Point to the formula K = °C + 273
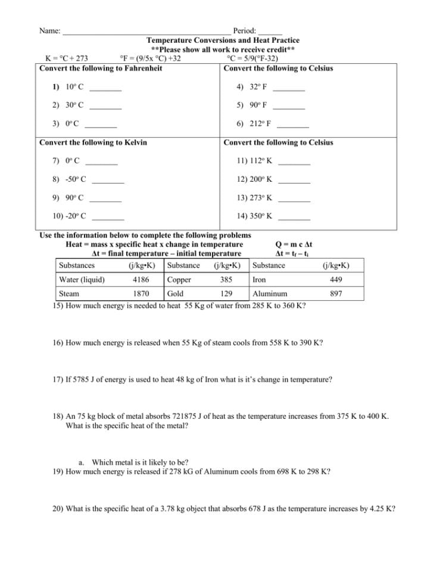coord(67,58)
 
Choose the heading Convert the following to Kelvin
coord(93,142)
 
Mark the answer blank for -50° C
coord(108,180)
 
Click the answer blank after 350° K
coord(294,217)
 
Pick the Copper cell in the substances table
coord(179,279)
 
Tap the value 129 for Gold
coord(226,294)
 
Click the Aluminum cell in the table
coord(270,294)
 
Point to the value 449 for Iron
coord(336,279)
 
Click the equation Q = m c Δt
coord(294,244)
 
